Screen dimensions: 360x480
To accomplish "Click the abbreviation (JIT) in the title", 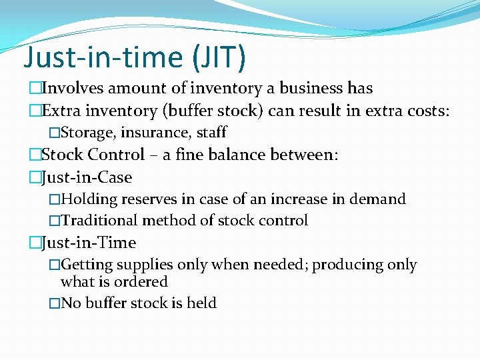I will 219,57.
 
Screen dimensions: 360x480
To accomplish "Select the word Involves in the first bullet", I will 72,88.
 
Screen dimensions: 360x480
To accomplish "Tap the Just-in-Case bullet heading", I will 86,177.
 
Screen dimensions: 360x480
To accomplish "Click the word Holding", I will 89,199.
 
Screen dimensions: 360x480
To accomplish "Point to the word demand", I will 377,199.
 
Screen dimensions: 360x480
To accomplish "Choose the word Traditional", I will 98,221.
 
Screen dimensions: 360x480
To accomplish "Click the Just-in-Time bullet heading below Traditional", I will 88,243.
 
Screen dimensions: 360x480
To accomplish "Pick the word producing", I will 344,265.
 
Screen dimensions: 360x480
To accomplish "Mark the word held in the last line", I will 201,303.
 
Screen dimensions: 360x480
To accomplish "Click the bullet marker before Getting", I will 54,265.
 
